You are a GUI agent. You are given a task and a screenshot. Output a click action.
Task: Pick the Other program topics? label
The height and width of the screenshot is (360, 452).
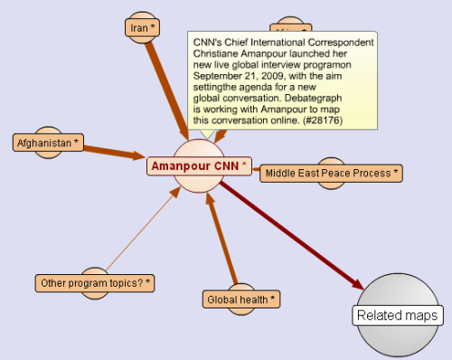tap(95, 283)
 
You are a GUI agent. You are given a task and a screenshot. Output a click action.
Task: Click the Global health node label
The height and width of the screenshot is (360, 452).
tap(240, 298)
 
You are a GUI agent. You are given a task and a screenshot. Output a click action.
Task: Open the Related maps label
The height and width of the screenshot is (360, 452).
tap(398, 316)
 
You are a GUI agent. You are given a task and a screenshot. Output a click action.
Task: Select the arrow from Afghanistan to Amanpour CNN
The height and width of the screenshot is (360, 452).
tap(113, 151)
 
